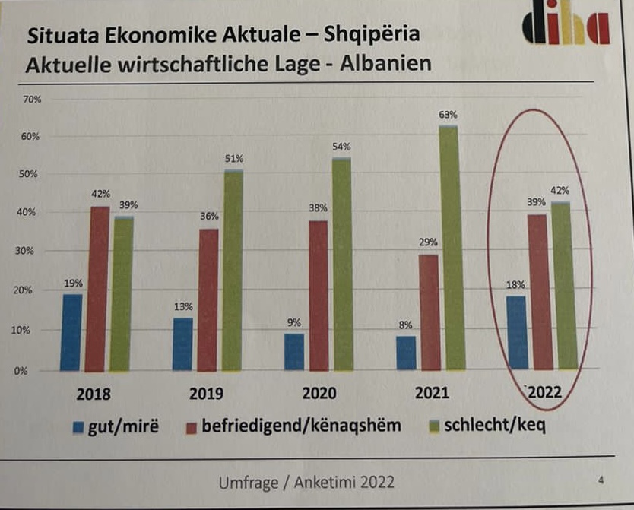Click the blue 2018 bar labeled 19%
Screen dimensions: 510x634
click(71, 332)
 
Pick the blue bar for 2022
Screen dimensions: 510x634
click(517, 331)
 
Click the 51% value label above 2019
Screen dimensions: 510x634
click(234, 159)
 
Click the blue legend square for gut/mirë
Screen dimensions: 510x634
click(78, 427)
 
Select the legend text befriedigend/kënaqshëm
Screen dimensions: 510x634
click(300, 426)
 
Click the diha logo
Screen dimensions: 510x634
click(566, 28)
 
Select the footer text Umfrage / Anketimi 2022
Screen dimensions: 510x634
click(306, 481)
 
